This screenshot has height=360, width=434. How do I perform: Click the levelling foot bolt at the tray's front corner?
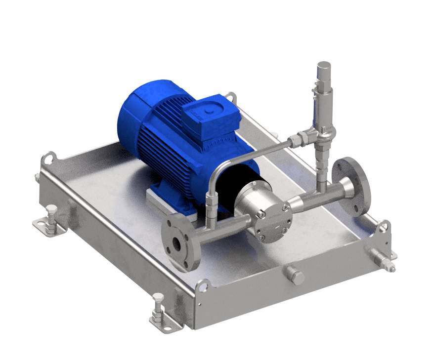coord(158,305)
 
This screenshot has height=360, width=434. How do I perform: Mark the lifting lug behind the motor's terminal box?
coord(230,98)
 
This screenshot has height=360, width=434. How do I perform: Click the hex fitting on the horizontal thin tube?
coord(297,141)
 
